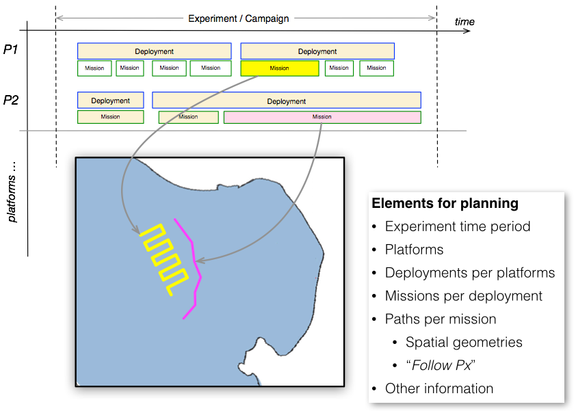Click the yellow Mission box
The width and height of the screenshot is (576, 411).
click(279, 68)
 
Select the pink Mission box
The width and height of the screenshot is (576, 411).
click(322, 117)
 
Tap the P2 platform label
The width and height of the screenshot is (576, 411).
click(11, 101)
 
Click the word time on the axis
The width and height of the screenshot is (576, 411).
click(464, 22)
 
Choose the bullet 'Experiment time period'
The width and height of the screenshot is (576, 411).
click(458, 227)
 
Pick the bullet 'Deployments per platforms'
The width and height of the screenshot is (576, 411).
click(469, 273)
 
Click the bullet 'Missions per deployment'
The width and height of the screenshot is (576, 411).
click(463, 296)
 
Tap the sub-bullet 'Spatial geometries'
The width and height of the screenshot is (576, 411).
click(464, 342)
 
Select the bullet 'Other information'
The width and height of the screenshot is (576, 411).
click(438, 388)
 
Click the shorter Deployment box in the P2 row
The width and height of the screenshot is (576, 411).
click(110, 101)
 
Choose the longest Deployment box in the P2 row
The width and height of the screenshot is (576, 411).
click(286, 101)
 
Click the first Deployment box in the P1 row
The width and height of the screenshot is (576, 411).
click(154, 51)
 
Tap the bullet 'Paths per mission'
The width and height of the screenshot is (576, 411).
click(440, 319)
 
